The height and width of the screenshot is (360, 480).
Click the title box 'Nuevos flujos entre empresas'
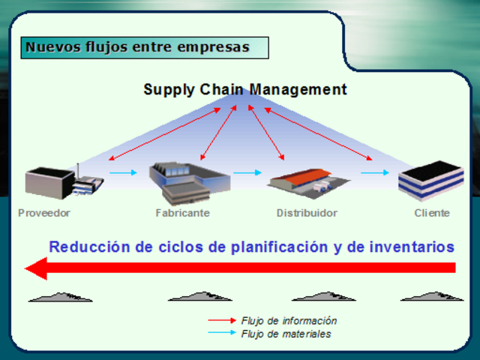click(144, 47)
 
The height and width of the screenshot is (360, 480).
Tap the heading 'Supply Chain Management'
click(245, 90)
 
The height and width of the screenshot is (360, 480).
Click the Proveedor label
click(44, 213)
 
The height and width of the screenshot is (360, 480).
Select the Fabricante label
click(182, 213)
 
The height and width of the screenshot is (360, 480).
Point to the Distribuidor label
click(307, 213)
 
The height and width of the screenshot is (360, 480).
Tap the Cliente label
click(432, 213)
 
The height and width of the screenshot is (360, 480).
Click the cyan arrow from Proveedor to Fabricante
click(124, 173)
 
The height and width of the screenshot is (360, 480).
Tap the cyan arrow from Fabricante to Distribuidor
click(247, 173)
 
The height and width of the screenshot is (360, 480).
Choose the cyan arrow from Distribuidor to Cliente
click(375, 173)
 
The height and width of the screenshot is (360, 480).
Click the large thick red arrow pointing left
click(240, 268)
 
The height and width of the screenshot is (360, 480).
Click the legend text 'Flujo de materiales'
click(286, 334)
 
